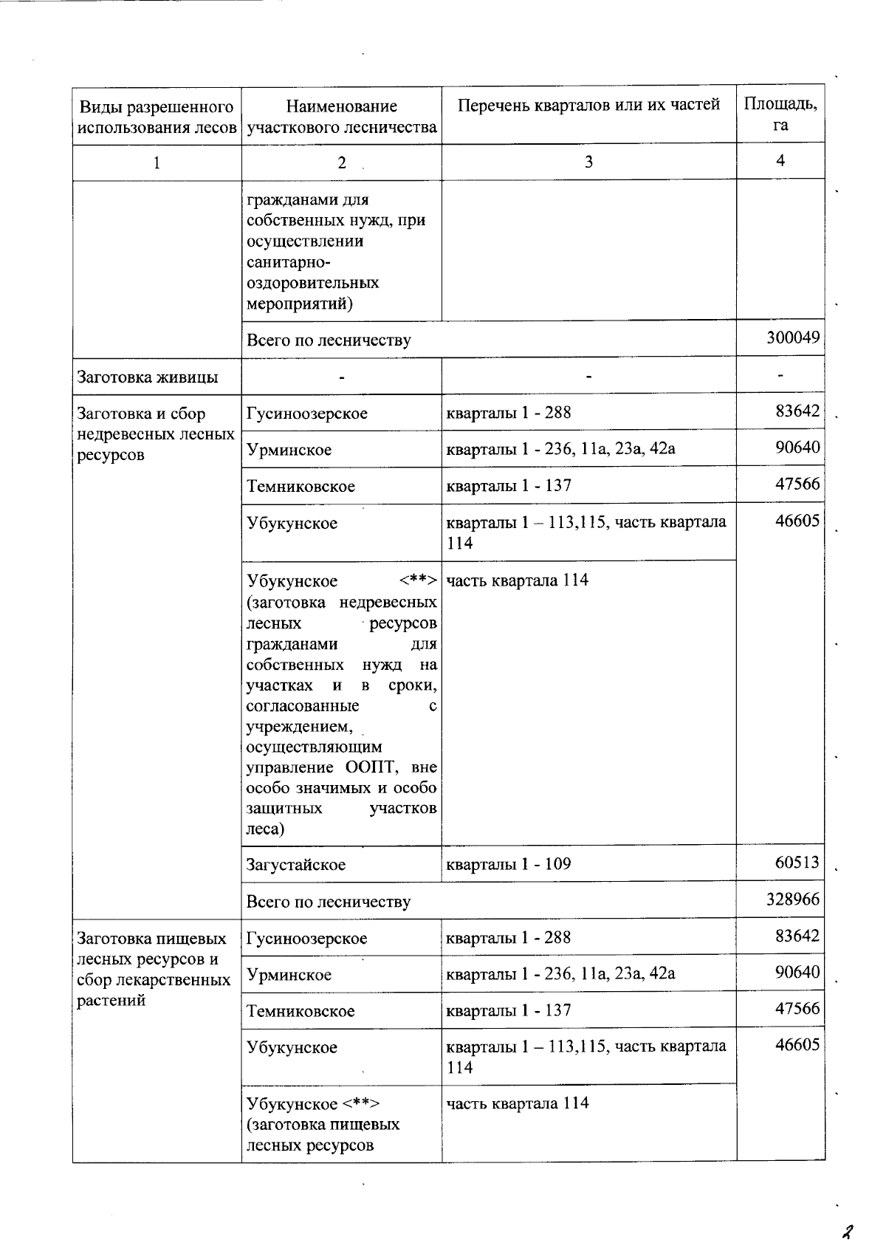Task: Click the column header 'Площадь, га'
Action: click(x=780, y=114)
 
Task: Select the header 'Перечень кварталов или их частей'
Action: click(x=588, y=105)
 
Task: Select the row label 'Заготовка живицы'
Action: click(x=148, y=377)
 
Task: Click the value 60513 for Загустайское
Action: click(x=797, y=863)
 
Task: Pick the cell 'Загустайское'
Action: click(x=296, y=864)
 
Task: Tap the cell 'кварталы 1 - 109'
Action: click(x=509, y=863)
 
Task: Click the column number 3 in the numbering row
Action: click(x=588, y=161)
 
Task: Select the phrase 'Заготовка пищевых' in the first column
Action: click(x=152, y=939)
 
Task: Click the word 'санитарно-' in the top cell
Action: click(x=289, y=262)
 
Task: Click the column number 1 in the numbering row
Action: click(x=157, y=162)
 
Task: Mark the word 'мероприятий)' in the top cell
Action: click(x=295, y=304)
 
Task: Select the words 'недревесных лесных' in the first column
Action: click(x=156, y=434)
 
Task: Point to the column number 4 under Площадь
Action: click(x=780, y=160)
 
